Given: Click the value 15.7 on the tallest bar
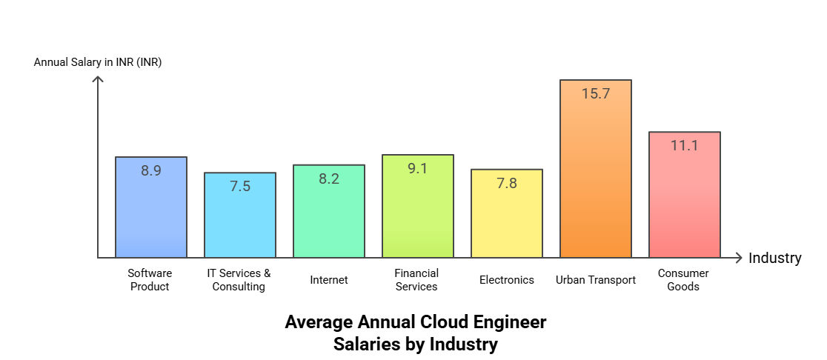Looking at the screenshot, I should (595, 94).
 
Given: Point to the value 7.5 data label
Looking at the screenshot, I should (240, 187).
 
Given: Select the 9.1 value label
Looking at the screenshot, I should (418, 168).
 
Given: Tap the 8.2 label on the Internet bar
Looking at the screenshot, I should (329, 179).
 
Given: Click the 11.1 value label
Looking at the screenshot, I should (684, 146).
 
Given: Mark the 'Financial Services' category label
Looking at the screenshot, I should (416, 280).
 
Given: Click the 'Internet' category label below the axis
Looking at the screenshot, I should (329, 280).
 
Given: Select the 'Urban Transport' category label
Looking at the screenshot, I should (596, 280).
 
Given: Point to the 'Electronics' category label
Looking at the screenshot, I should (507, 280).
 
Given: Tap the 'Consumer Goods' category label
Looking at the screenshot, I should (683, 280).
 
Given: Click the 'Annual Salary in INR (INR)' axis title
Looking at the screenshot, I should (98, 62).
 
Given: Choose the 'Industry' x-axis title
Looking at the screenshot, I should (774, 259).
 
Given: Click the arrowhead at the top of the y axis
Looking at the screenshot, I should (98, 79).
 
